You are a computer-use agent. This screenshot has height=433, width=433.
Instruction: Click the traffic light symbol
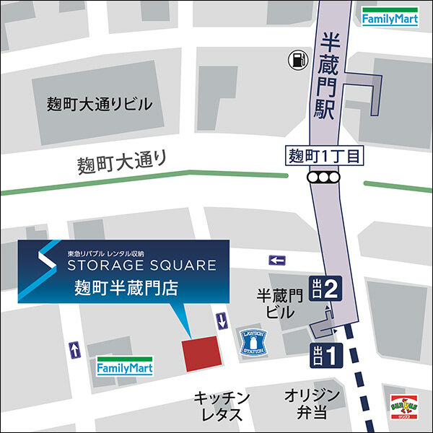(322, 178)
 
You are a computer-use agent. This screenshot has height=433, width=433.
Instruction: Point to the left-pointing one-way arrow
(277, 260)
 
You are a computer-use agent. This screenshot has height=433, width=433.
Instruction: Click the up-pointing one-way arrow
(74, 349)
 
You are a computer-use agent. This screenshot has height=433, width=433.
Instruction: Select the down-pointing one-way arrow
(222, 320)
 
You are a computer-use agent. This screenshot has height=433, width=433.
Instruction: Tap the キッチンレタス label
(222, 406)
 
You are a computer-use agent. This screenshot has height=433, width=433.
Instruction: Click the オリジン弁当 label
(312, 404)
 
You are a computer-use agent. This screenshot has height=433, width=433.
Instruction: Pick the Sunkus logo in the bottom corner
(405, 409)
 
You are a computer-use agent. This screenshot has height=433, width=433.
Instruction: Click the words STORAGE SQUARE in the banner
(141, 265)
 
